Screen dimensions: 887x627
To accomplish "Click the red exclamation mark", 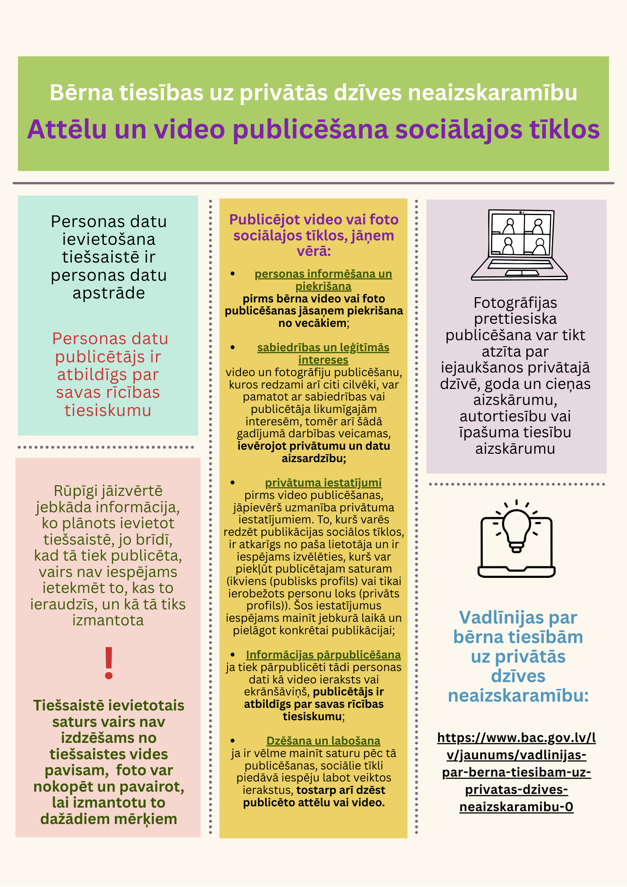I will tap(109, 663).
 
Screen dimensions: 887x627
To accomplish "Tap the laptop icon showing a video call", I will tap(519, 244).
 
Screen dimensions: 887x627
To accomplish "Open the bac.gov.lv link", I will tap(517, 772).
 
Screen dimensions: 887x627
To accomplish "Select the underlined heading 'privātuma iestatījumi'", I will tap(323, 483).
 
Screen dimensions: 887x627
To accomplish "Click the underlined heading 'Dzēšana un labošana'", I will tap(323, 741).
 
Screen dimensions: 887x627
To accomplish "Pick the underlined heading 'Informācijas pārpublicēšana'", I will tap(323, 655).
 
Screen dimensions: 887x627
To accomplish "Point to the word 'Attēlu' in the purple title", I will tap(67, 130).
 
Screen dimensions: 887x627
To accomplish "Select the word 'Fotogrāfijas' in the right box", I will tap(515, 303).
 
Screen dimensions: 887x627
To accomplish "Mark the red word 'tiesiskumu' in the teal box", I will tap(108, 411).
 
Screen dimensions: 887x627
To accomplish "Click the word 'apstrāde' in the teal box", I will tap(109, 293).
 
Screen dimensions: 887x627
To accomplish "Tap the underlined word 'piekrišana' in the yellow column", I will tap(323, 286).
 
